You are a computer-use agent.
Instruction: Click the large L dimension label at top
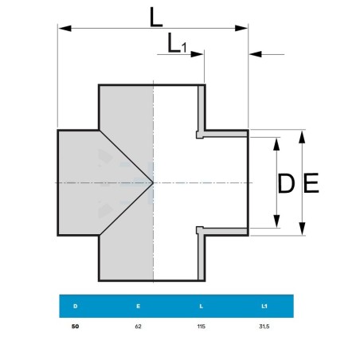tap(156, 18)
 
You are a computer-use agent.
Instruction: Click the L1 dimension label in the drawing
tap(177, 43)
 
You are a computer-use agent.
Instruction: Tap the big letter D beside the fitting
tap(286, 183)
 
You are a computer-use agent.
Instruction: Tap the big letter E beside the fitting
tap(311, 182)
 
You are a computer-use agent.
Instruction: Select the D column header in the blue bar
tap(76, 306)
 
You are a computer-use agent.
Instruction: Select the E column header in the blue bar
tap(138, 306)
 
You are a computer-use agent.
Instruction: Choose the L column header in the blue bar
tap(201, 306)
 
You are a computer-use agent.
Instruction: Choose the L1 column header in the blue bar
tap(264, 306)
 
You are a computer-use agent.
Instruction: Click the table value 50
tap(75, 327)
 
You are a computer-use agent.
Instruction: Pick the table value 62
tap(138, 327)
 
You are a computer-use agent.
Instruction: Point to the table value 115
tap(202, 327)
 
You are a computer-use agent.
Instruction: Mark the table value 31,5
tap(264, 327)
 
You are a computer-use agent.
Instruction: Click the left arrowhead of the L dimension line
tap(65, 28)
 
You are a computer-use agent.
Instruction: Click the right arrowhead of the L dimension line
tap(241, 28)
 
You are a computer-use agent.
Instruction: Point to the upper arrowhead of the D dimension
tap(276, 144)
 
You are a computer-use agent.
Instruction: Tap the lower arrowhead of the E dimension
tap(302, 229)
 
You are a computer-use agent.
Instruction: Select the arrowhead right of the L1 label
tap(198, 54)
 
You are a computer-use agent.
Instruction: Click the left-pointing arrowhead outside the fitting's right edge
tap(256, 54)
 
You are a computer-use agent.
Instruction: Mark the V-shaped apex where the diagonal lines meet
tap(153, 182)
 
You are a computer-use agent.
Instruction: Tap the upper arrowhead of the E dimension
tap(302, 137)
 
